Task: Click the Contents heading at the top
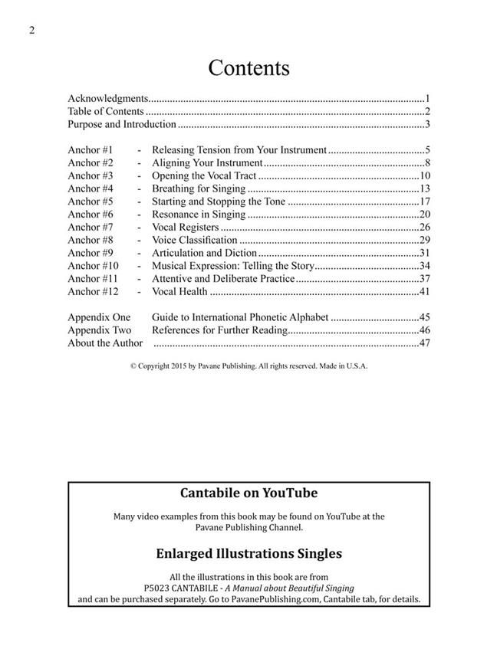click(248, 67)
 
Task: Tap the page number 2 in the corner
click(31, 31)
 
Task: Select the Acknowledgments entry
click(107, 99)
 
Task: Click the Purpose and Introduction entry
click(122, 124)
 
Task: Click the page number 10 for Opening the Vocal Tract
click(424, 176)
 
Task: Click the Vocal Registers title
click(185, 228)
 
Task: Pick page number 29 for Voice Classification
click(424, 240)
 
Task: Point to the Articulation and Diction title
click(203, 253)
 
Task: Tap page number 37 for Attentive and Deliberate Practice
click(424, 278)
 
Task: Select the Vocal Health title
click(180, 291)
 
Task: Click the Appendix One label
click(99, 317)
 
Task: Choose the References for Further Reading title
click(219, 330)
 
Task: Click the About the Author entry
click(105, 342)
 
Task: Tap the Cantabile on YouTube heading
click(248, 493)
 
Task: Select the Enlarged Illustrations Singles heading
click(248, 552)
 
